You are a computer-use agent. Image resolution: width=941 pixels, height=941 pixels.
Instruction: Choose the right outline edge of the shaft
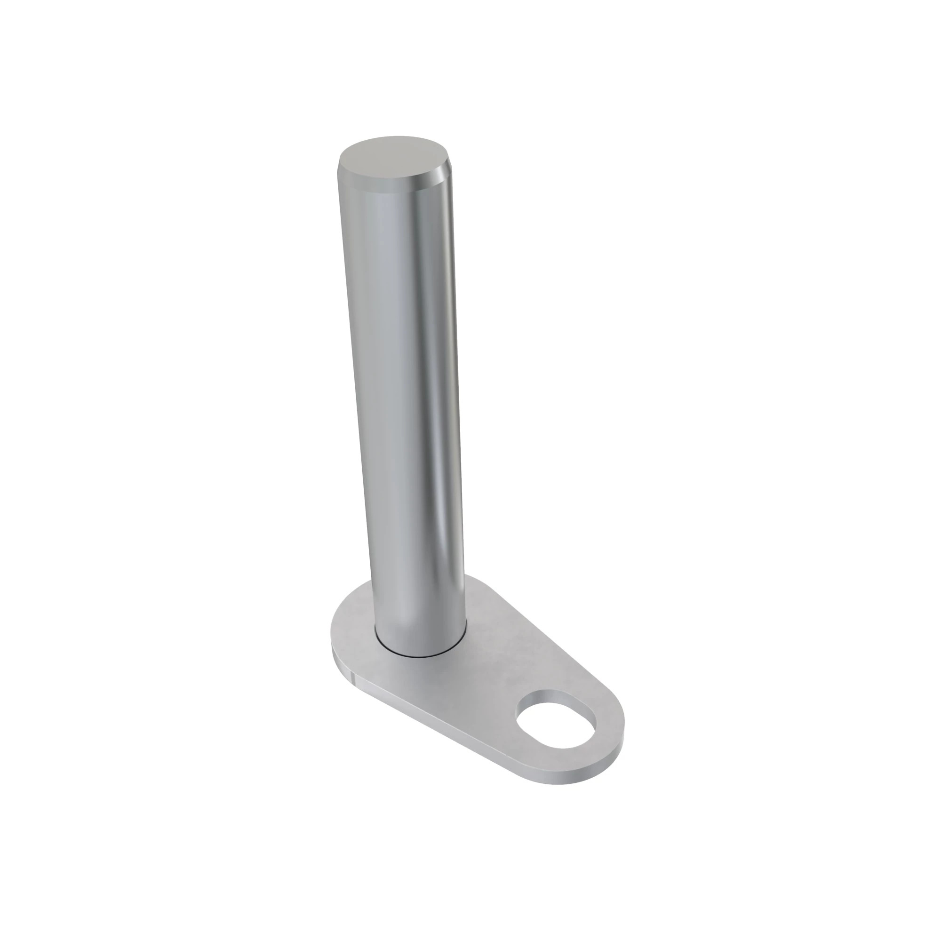pyautogui.click(x=458, y=390)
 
